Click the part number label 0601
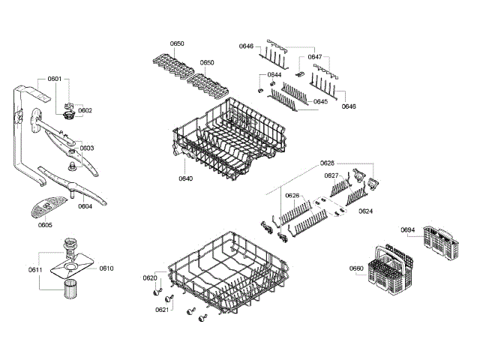pyautogui.click(x=55, y=79)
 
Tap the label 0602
pyautogui.click(x=85, y=110)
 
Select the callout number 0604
pyautogui.click(x=85, y=206)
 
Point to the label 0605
pyautogui.click(x=45, y=223)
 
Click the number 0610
pyautogui.click(x=106, y=268)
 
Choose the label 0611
pyautogui.click(x=35, y=269)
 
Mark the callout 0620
pyautogui.click(x=150, y=278)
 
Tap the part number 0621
pyautogui.click(x=161, y=309)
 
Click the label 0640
pyautogui.click(x=185, y=178)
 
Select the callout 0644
pyautogui.click(x=274, y=75)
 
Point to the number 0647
pyautogui.click(x=315, y=57)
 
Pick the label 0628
pyautogui.click(x=327, y=163)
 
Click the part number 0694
pyautogui.click(x=408, y=229)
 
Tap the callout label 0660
pyautogui.click(x=356, y=268)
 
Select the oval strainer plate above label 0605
pyautogui.click(x=48, y=204)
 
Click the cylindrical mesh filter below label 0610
pyautogui.click(x=72, y=289)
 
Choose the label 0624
pyautogui.click(x=365, y=211)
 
